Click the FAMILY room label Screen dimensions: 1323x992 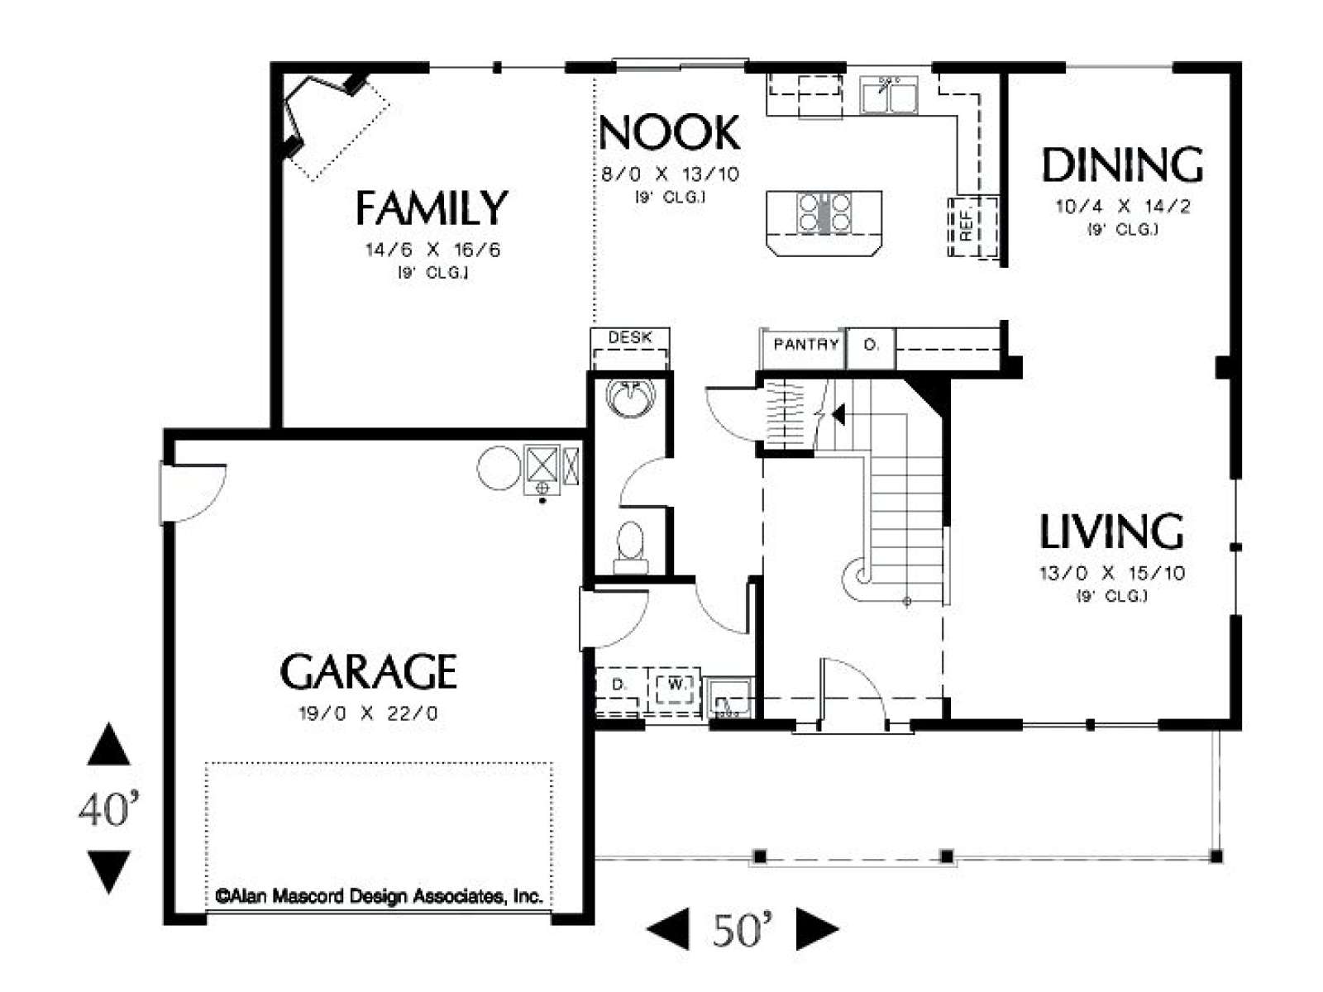coord(432,207)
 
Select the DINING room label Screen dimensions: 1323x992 coord(1122,165)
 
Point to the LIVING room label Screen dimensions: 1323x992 coord(1111,531)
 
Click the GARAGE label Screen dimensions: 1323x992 coord(368,671)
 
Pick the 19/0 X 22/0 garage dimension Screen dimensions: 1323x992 coord(368,713)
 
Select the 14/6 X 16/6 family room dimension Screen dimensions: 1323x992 coord(432,250)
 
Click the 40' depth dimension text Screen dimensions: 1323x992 coord(109,808)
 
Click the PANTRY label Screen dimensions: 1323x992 coord(806,344)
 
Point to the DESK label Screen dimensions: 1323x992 coord(630,337)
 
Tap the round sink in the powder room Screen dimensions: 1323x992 coord(631,398)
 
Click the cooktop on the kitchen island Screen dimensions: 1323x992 coord(824,212)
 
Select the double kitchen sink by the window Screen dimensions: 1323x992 coord(889,95)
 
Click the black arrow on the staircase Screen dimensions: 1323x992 coord(838,414)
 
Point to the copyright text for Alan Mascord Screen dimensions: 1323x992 coord(380,897)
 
